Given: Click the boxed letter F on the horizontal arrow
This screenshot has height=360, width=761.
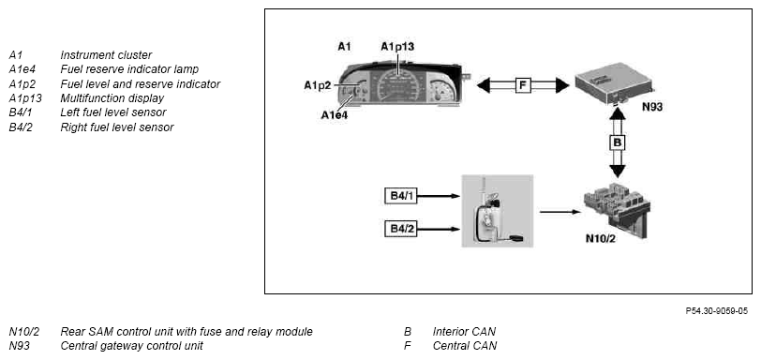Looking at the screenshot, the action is (523, 86).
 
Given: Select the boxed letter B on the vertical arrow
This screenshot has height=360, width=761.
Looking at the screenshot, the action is (618, 142).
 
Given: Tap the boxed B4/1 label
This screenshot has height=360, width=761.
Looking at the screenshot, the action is (400, 196).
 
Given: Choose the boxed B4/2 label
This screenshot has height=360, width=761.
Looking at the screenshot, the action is (400, 229).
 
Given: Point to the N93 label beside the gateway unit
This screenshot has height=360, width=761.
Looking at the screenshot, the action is (651, 107).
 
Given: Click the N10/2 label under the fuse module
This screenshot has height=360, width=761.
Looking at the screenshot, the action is (601, 238).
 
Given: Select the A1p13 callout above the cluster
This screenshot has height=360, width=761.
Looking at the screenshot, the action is (397, 47).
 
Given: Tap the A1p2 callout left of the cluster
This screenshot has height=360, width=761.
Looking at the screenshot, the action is (318, 85).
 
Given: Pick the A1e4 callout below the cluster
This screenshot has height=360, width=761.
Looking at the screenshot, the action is (335, 115).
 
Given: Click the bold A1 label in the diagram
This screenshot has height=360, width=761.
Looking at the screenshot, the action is (344, 47).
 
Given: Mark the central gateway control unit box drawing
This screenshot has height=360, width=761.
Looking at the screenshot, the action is (615, 82).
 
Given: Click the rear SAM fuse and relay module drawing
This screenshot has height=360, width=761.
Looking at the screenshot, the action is (617, 210).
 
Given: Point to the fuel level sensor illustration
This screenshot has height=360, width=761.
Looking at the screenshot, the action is (498, 211).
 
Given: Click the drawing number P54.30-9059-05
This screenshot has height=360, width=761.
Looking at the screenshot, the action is (716, 310).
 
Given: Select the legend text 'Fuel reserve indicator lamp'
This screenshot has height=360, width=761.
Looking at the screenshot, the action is (129, 69).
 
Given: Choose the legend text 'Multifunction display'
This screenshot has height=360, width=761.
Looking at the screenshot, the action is (112, 98).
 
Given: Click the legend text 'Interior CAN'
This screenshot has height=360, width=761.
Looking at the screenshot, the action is (464, 332).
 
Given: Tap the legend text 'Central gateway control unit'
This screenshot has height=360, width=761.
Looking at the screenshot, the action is (131, 346).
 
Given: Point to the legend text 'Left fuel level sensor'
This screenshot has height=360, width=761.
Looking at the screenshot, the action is (113, 112).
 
